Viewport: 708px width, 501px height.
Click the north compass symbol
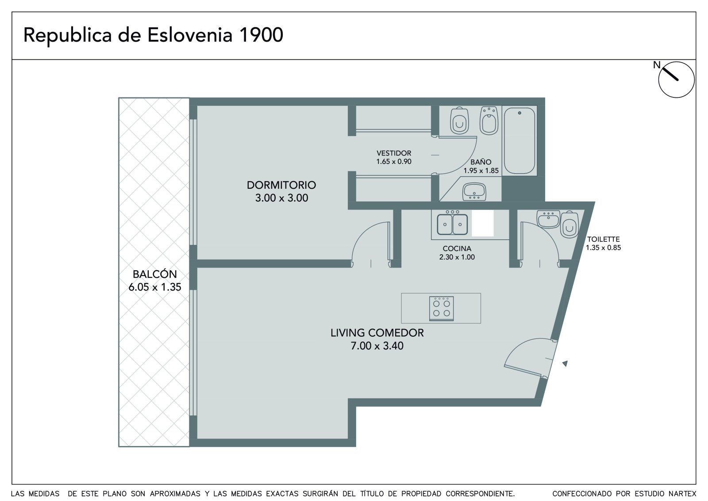[x=676, y=80]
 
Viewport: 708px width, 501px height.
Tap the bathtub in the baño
[x=519, y=140]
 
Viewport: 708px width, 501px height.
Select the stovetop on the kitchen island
[x=441, y=309]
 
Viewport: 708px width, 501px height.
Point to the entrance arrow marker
[x=565, y=364]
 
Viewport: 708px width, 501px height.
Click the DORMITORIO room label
[x=281, y=185]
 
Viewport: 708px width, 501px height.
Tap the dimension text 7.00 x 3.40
[x=377, y=346]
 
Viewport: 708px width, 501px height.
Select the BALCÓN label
[x=154, y=274]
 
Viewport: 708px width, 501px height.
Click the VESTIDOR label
[x=394, y=153]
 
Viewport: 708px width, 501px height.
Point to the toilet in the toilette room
[x=569, y=225]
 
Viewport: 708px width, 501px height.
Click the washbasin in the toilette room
[x=548, y=219]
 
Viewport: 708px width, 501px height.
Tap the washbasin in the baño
[x=474, y=191]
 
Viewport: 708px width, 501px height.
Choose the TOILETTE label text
[x=604, y=239]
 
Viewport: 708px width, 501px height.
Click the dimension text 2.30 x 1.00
[x=457, y=257]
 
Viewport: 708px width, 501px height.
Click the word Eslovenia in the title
[x=190, y=35]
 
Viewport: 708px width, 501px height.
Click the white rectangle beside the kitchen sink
[x=483, y=223]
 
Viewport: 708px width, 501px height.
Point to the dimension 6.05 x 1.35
[x=154, y=287]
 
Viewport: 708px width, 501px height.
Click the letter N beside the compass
[x=657, y=65]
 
